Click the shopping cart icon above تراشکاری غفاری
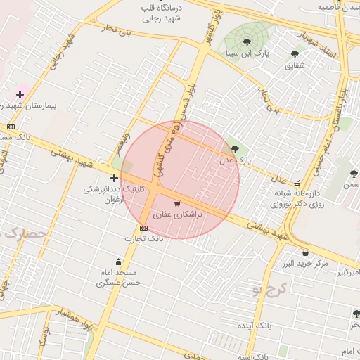[176, 203]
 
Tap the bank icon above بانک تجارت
[143, 228]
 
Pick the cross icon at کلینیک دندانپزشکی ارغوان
[114, 179]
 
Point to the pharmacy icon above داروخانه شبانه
[297, 183]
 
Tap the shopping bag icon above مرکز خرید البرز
[305, 252]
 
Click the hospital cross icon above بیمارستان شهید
[20, 94]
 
